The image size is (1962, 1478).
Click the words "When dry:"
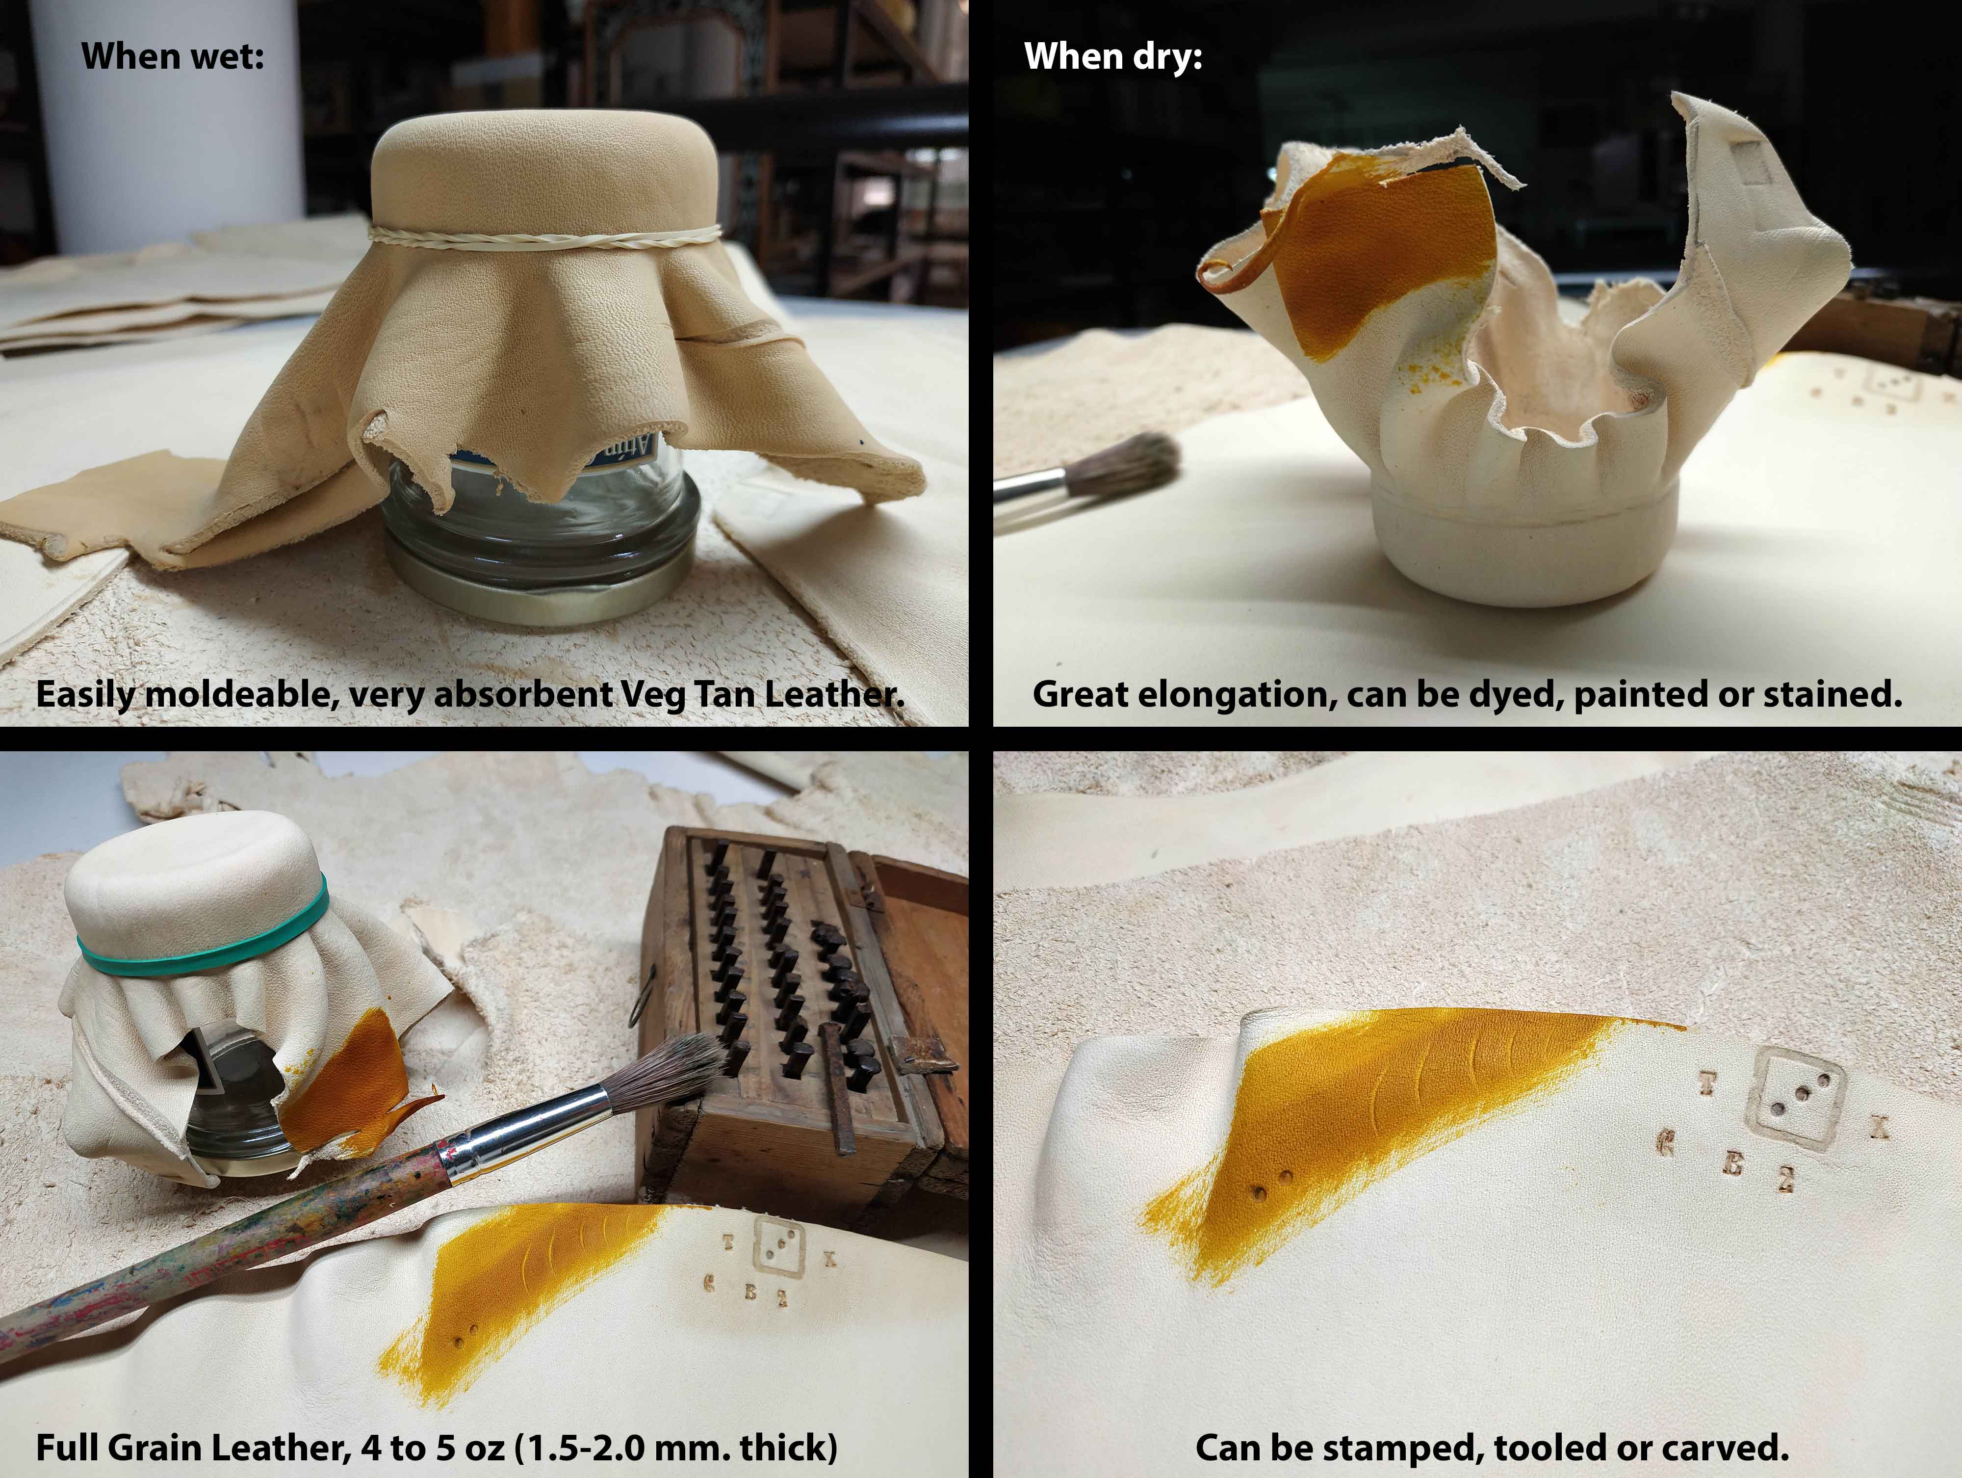point(1113,56)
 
